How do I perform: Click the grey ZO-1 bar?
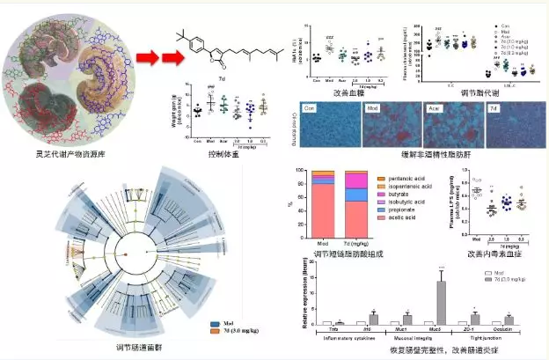(x=475, y=319)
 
